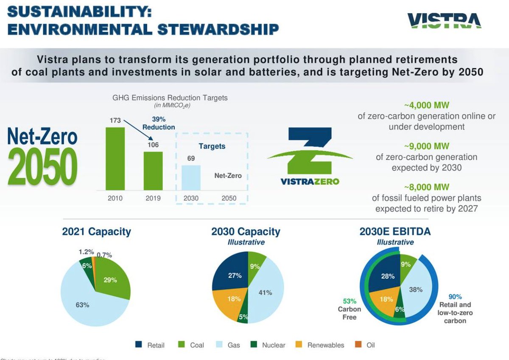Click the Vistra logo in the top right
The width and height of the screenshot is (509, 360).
(444, 21)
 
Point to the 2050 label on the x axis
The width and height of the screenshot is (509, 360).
(229, 198)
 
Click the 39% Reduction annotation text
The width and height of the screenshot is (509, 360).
(159, 123)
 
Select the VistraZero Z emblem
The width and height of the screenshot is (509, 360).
(310, 151)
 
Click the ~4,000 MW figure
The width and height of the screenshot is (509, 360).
(426, 105)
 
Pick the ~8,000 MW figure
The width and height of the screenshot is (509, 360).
(426, 187)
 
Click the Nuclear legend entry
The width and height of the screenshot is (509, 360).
(268, 345)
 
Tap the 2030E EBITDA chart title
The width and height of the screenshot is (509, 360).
(395, 232)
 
